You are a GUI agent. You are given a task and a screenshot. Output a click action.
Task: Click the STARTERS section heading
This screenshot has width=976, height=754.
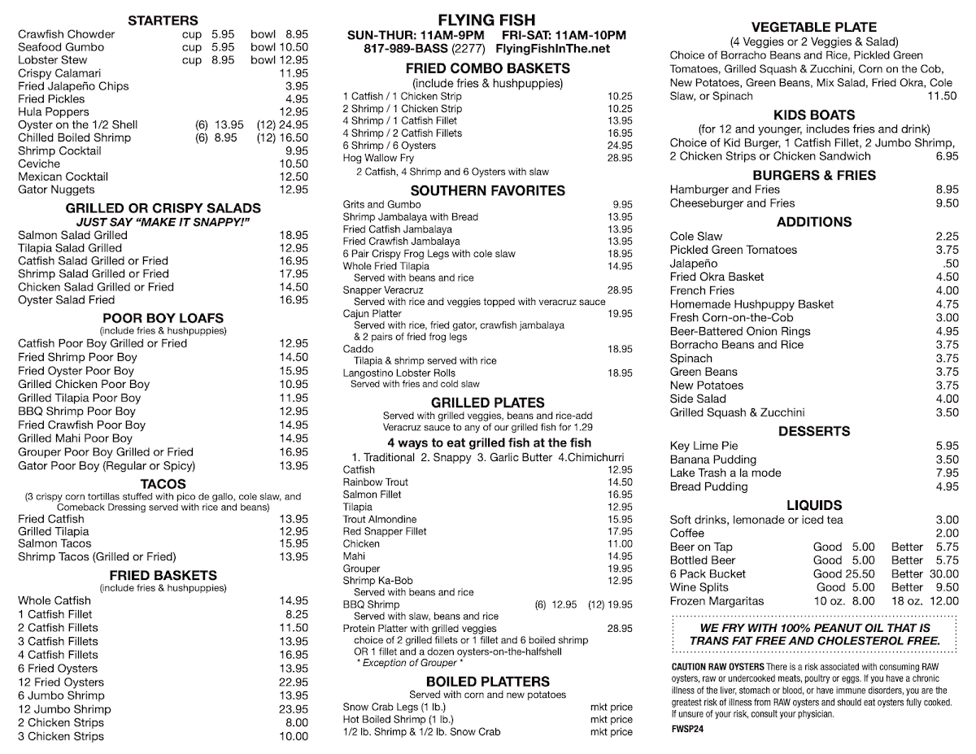pos(163,20)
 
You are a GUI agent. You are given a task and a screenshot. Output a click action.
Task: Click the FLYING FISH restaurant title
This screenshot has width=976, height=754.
pos(486,20)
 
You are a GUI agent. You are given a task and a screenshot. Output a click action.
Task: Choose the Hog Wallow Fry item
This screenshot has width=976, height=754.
pos(378,158)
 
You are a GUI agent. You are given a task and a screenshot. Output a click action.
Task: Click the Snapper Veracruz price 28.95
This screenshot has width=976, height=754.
pos(619,290)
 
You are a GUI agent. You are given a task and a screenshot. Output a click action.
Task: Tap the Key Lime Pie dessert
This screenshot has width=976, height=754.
pos(704,446)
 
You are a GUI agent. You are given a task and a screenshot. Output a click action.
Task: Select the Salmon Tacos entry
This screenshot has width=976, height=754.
pos(54,543)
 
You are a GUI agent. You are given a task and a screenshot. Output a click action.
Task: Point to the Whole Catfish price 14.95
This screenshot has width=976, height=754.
pos(293,601)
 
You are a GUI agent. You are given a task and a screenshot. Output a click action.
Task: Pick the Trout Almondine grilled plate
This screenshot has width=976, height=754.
pos(380,519)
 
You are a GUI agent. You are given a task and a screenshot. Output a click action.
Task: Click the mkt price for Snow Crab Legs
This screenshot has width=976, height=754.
pos(611,707)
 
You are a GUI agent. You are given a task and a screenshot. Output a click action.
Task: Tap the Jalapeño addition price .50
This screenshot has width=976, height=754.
pos(950,264)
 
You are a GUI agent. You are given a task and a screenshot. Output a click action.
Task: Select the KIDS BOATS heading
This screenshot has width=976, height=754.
pos(813,115)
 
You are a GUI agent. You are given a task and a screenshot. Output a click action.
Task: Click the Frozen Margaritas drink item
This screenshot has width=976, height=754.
pos(717,601)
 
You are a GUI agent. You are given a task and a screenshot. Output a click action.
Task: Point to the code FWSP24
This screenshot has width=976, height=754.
pos(687,729)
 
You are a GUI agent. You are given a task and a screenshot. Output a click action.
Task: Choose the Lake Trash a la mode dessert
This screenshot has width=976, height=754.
pos(725,473)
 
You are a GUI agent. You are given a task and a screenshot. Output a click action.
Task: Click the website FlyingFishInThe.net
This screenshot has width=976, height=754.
pos(552,49)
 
